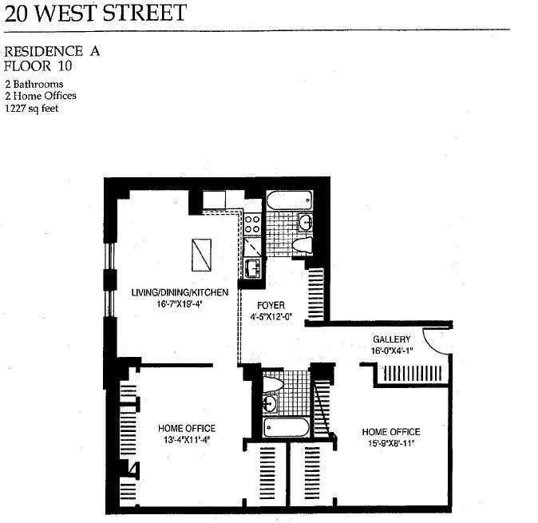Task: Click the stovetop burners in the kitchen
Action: (x=251, y=221)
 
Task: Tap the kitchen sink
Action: (x=251, y=268)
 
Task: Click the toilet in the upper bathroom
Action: (x=303, y=245)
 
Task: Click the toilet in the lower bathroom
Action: (x=272, y=385)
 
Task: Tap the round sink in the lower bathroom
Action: (x=271, y=404)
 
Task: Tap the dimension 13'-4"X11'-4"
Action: (x=187, y=439)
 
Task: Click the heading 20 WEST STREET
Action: (x=96, y=13)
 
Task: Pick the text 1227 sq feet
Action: (x=32, y=107)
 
